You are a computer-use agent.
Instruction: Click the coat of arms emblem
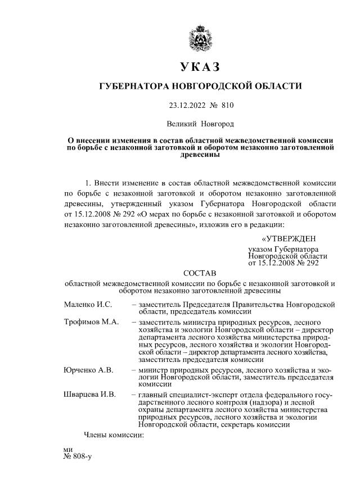[x=200, y=37]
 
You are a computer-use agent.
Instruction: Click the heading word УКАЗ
[x=200, y=66]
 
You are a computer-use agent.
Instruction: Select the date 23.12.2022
[x=186, y=105]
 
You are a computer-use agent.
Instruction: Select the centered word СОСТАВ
[x=200, y=273]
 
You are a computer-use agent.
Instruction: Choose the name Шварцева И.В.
[x=90, y=395]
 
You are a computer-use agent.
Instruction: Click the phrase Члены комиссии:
[x=114, y=434]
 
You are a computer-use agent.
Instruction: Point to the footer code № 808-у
[x=78, y=456]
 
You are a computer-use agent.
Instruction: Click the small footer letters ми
[x=69, y=450]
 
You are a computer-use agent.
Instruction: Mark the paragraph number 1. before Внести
[x=88, y=183]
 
